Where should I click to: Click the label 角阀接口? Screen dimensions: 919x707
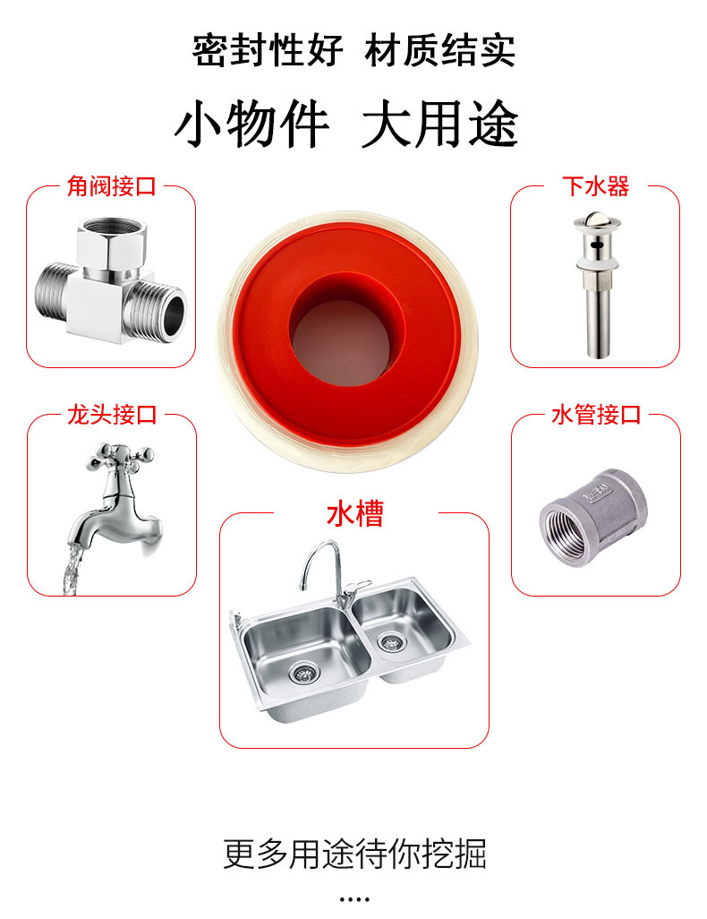pos(111,186)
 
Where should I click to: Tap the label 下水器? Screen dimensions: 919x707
pos(595,186)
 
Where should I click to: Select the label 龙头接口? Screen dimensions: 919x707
pos(112,415)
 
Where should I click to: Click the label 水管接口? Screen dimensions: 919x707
pos(595,415)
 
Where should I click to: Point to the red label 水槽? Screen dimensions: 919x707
pos(354,514)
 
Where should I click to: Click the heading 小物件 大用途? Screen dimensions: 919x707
pos(345,125)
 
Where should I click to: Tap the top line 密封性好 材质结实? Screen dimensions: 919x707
pos(353,50)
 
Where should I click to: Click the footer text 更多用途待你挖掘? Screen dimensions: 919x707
pos(354,854)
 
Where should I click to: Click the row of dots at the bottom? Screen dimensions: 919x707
pos(354,898)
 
